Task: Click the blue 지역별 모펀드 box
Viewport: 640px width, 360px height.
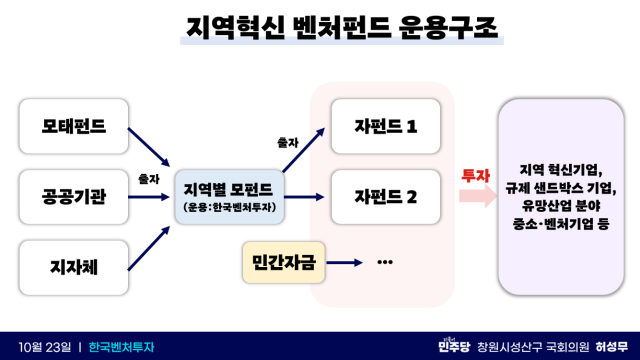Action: (x=229, y=195)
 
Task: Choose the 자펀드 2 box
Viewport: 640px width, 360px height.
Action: (x=385, y=195)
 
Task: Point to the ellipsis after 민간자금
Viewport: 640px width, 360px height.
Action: (x=385, y=262)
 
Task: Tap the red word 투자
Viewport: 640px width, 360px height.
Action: (x=473, y=174)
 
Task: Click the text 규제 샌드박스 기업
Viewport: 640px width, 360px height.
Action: (x=567, y=187)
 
